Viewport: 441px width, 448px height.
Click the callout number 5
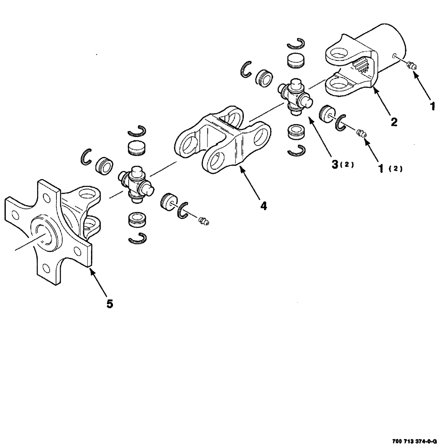coord(109,304)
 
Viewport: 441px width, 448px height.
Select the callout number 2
coord(393,121)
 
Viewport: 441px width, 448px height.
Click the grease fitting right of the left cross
coord(203,220)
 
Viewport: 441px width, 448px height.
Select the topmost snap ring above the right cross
coord(296,43)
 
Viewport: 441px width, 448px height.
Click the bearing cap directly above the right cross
coord(295,60)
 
